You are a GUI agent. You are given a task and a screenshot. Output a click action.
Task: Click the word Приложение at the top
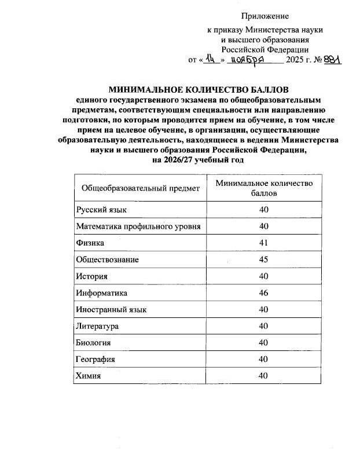pos(265,16)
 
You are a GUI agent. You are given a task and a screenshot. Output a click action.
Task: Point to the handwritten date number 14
pos(212,59)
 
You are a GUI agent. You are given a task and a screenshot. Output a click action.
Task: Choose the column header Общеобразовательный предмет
pos(141,188)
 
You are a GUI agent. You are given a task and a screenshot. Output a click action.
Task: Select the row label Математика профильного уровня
pos(138,226)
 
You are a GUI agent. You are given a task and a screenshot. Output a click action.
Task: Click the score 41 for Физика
pos(264,243)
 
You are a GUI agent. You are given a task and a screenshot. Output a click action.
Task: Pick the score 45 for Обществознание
pos(264,259)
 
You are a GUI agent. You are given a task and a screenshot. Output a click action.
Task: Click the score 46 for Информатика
pos(264,293)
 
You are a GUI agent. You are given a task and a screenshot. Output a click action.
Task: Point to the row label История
pos(92,276)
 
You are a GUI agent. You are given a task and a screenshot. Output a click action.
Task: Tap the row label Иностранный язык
pos(111,310)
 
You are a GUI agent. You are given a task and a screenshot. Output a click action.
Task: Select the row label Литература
pos(97,327)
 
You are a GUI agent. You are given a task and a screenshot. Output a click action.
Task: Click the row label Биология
pos(93,343)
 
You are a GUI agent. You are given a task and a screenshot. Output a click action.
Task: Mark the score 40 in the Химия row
pos(264,376)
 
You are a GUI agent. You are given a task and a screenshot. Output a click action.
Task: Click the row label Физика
pos(90,243)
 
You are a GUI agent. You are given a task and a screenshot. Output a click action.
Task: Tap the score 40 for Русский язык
pos(264,209)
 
